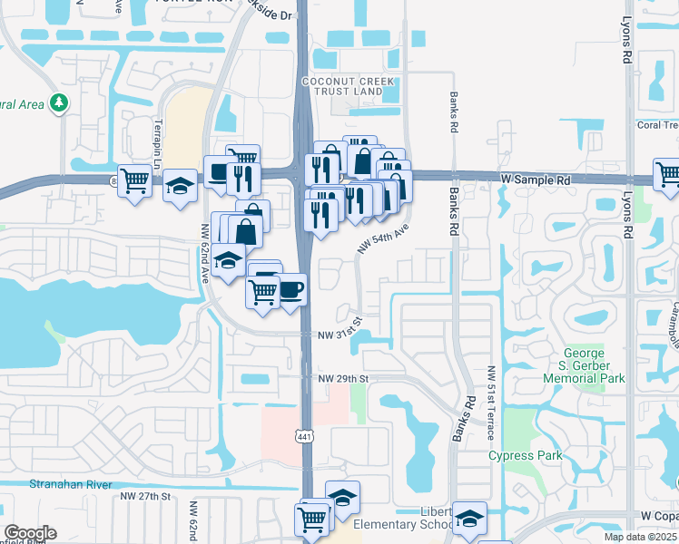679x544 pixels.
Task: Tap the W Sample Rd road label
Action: (x=536, y=180)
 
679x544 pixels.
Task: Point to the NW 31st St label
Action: (x=340, y=335)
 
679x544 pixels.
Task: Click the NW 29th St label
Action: (x=342, y=377)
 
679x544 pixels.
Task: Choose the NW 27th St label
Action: (x=145, y=496)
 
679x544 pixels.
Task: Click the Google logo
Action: (x=30, y=533)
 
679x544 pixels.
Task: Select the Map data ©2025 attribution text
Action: (x=640, y=537)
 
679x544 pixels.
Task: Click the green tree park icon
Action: (x=60, y=102)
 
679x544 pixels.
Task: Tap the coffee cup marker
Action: (x=290, y=290)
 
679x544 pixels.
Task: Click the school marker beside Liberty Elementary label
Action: (x=468, y=519)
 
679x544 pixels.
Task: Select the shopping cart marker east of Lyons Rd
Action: (x=667, y=173)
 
